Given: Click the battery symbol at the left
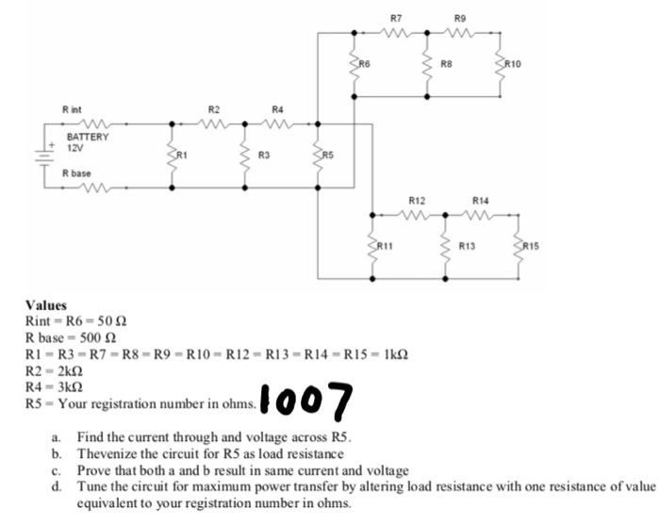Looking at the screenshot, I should (42, 155).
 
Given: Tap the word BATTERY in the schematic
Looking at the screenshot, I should (87, 138).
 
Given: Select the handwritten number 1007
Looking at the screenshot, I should (305, 401).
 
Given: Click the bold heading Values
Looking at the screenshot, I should (46, 305).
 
